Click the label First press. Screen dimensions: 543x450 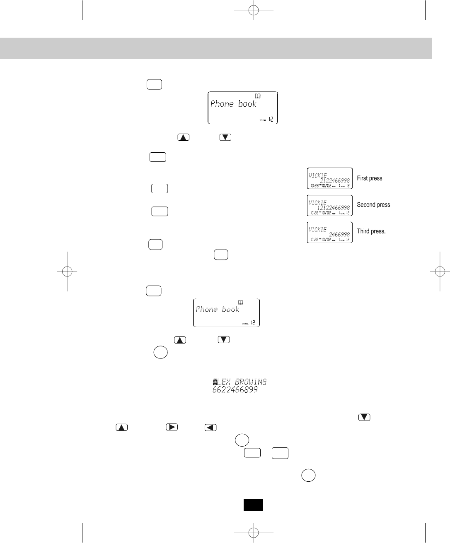click(370, 178)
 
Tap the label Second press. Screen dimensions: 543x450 click(374, 205)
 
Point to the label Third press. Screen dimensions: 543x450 click(371, 231)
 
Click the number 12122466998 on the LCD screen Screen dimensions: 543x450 click(334, 207)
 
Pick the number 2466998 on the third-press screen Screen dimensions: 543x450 click(339, 234)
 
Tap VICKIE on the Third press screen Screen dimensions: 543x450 click(318, 229)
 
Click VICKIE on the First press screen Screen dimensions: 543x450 click(318, 175)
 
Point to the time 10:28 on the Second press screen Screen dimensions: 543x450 click(313, 213)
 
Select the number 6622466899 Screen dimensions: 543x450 click(235, 390)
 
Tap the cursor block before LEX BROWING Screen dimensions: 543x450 click(215, 382)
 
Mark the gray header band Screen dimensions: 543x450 click(216, 48)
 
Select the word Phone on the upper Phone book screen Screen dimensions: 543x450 click(222, 104)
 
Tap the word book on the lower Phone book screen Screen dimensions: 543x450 click(230, 310)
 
